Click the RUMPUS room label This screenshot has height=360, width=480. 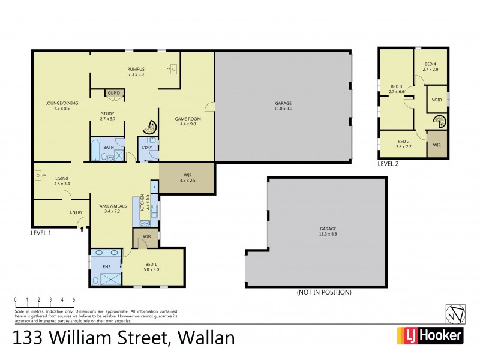pyautogui.click(x=136, y=71)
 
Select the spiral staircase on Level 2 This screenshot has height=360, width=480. pyautogui.click(x=440, y=122)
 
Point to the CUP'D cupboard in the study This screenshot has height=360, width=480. pyautogui.click(x=113, y=93)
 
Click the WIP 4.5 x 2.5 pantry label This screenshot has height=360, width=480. pyautogui.click(x=186, y=178)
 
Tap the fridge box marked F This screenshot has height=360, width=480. pyautogui.click(x=154, y=188)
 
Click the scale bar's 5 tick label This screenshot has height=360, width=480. pyautogui.click(x=74, y=299)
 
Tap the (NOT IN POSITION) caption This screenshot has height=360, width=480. pyautogui.click(x=324, y=292)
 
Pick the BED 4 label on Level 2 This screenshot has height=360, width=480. pyautogui.click(x=431, y=67)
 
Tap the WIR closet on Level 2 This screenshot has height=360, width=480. pyautogui.click(x=436, y=146)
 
